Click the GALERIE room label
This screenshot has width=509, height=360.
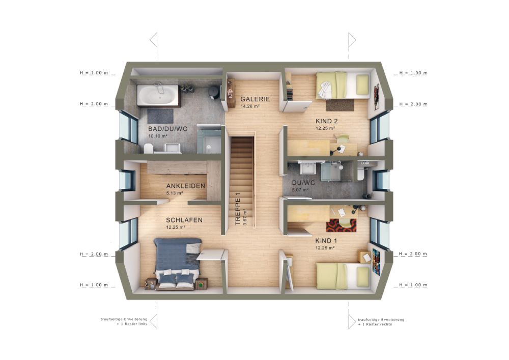255,99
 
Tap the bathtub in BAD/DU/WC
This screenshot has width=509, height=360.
158,95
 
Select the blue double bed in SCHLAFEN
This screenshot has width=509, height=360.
177,263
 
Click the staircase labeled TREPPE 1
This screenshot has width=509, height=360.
242,182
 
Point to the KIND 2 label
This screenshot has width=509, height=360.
327,121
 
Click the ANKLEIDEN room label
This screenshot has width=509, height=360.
186,186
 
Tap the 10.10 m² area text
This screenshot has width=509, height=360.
158,136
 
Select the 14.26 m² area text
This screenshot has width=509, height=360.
250,106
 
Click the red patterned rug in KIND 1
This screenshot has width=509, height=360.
341,225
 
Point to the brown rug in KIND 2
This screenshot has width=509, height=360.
340,105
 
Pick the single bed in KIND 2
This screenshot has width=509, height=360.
343,86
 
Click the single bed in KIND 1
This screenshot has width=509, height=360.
343,275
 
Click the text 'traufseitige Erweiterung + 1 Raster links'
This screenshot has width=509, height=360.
124,322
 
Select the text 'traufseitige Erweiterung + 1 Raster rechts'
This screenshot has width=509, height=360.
381,322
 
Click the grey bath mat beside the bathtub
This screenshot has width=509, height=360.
160,116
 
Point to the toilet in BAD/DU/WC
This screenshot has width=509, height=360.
148,149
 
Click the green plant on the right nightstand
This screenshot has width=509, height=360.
201,284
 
